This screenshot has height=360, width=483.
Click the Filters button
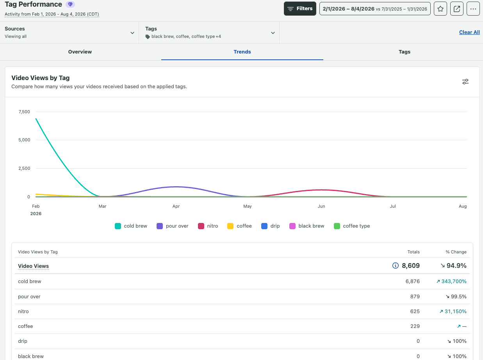300,9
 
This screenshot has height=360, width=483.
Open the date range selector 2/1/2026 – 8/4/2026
375,9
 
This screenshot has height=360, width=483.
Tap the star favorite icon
440,9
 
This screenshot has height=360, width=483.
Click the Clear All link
469,32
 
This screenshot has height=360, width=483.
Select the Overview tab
80,52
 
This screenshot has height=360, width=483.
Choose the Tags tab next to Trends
405,52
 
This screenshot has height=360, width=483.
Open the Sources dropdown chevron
132,33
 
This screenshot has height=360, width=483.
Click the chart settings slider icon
465,82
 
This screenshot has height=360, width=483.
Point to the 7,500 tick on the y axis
24,112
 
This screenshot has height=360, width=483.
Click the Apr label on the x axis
176,206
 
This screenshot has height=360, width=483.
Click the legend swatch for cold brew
118,226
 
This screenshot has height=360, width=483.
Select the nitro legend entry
208,226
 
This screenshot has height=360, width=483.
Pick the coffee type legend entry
352,226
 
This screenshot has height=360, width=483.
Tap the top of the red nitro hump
321,190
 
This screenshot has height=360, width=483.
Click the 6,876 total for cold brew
412,281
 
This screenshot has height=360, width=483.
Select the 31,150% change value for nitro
455,311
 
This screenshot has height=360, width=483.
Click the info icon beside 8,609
395,266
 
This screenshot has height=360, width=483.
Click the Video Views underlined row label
33,266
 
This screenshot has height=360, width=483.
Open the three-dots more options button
473,9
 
